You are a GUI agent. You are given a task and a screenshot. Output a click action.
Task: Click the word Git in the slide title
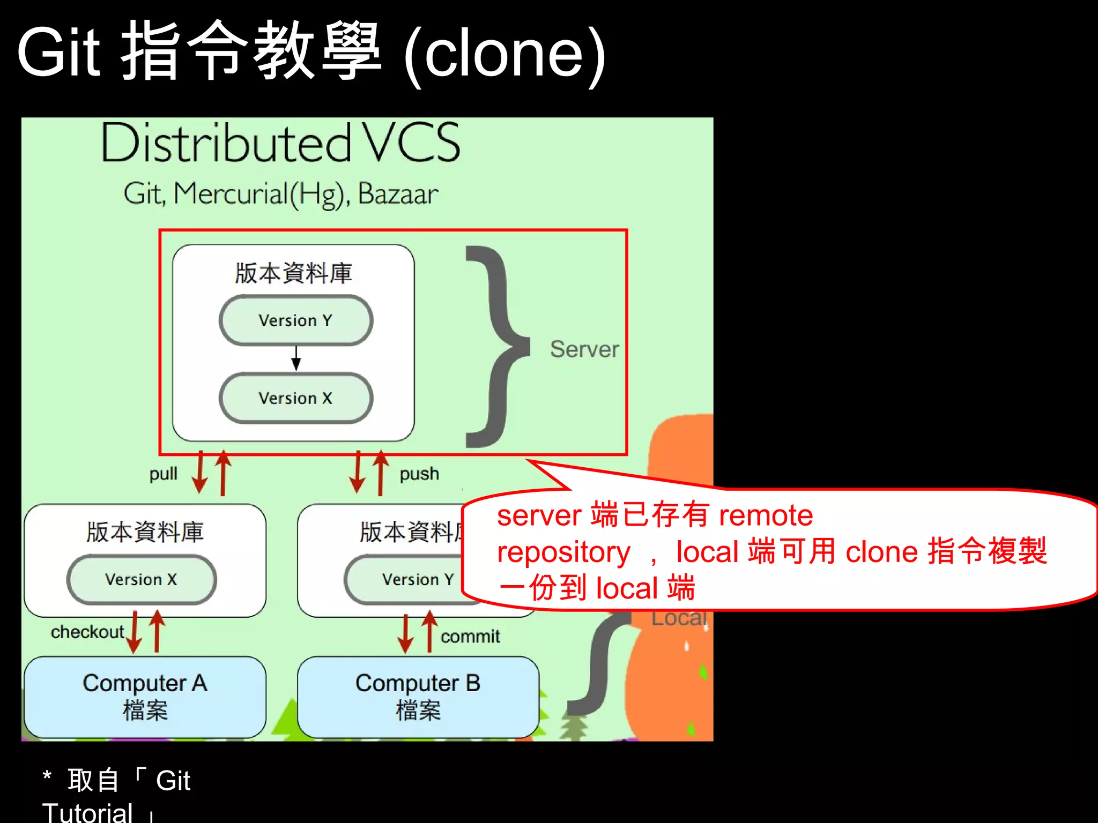point(59,53)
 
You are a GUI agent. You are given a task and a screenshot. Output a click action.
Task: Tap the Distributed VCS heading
point(280,143)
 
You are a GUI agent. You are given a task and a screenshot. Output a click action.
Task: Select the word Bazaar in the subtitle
point(398,194)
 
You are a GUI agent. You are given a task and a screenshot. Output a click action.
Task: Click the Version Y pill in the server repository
point(296,320)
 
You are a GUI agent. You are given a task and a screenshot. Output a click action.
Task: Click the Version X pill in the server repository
point(296,398)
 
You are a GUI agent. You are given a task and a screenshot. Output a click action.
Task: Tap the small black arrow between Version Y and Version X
point(296,358)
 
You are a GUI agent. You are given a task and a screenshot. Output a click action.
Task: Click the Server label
point(584,349)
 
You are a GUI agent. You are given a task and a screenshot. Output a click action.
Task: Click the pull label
point(163,474)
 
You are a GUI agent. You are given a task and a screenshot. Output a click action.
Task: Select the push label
point(419,474)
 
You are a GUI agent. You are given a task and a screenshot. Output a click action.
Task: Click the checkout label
point(87,632)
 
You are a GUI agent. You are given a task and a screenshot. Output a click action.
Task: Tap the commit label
point(470,637)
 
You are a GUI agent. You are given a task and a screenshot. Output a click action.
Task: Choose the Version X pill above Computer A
point(142,579)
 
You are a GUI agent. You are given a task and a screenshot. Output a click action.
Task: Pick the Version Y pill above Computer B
point(413,579)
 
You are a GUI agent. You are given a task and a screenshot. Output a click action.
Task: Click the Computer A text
point(145,683)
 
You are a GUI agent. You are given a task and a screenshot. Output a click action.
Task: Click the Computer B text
point(418,683)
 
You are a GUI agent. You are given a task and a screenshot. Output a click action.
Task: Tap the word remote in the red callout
point(766,515)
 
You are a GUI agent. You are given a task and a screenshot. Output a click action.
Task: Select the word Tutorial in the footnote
point(87,812)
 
